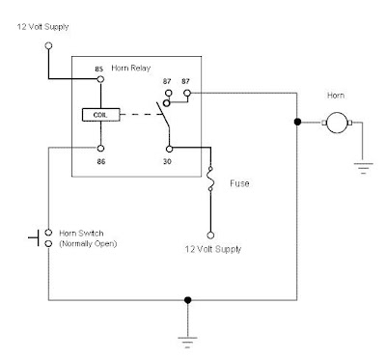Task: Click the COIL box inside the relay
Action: click(x=99, y=115)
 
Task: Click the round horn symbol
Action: click(x=336, y=123)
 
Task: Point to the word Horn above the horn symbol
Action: click(x=336, y=95)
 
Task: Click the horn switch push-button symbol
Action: click(x=38, y=235)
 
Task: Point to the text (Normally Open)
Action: click(x=79, y=242)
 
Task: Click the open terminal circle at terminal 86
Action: click(x=99, y=149)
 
